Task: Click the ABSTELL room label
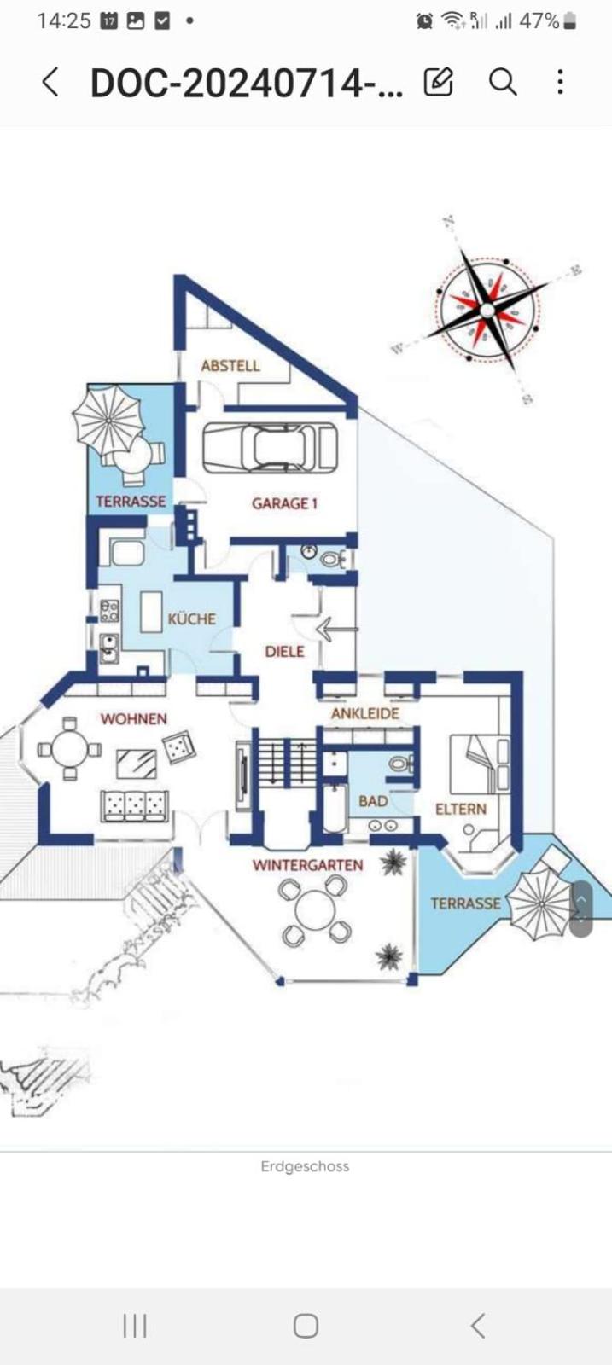[x=230, y=366]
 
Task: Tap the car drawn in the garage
[x=271, y=448]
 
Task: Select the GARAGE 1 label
[x=285, y=503]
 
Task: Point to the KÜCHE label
[x=192, y=619]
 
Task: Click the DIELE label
[x=285, y=652]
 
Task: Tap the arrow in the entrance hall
[x=335, y=630]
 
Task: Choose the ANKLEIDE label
[x=365, y=713]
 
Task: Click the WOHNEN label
[x=133, y=719]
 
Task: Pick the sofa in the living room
[x=135, y=805]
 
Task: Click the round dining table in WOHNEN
[x=70, y=749]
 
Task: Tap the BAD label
[x=373, y=801]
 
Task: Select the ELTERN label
[x=461, y=810]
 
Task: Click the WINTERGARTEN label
[x=308, y=865]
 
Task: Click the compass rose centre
[x=487, y=311]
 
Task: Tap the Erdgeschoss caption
[x=306, y=1166]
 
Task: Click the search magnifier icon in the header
[x=503, y=82]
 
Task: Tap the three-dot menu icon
[x=560, y=82]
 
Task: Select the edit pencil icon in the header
[x=438, y=82]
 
